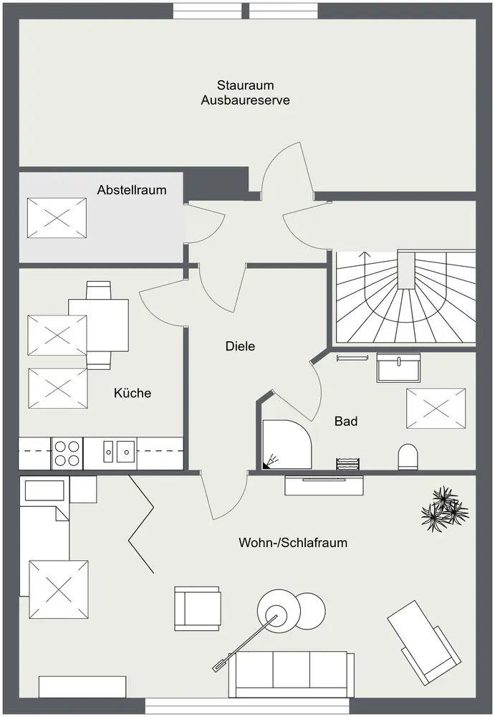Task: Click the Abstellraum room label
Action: (x=132, y=190)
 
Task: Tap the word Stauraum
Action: (x=246, y=85)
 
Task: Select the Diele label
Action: (x=240, y=346)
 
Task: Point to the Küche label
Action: (x=133, y=393)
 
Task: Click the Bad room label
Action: (x=346, y=421)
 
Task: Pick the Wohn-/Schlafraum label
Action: (x=293, y=543)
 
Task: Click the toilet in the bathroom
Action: (x=408, y=456)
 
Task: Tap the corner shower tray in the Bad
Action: (x=287, y=445)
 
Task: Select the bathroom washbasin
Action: (x=398, y=367)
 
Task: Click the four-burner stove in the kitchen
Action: (x=67, y=452)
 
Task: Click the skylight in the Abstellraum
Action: (x=57, y=218)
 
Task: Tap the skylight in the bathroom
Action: (x=436, y=409)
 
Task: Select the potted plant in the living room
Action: (x=444, y=509)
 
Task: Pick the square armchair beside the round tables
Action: (x=198, y=609)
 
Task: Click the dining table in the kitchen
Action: (x=98, y=326)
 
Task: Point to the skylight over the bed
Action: (x=59, y=589)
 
